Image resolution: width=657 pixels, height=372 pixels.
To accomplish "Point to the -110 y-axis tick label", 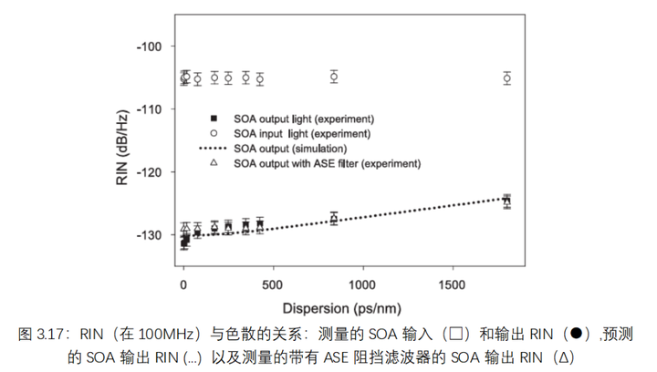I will click(150, 109).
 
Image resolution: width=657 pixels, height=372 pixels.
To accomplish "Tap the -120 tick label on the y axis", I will click(150, 172).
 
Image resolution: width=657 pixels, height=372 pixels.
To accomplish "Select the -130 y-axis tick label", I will click(150, 235).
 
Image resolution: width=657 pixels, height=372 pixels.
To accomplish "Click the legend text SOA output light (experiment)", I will click(304, 119).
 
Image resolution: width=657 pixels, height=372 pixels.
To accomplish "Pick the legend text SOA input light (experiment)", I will click(301, 133).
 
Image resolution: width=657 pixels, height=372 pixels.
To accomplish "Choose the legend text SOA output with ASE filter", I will click(327, 163).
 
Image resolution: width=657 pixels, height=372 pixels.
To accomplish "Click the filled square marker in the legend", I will click(214, 119).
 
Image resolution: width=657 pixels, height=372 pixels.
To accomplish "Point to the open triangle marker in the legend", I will click(214, 162).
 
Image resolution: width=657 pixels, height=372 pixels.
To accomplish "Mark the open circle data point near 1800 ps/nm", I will click(506, 78).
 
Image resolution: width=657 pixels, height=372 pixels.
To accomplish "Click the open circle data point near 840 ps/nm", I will click(334, 77).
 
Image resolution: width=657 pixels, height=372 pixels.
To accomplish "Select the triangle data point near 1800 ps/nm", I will click(506, 200).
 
